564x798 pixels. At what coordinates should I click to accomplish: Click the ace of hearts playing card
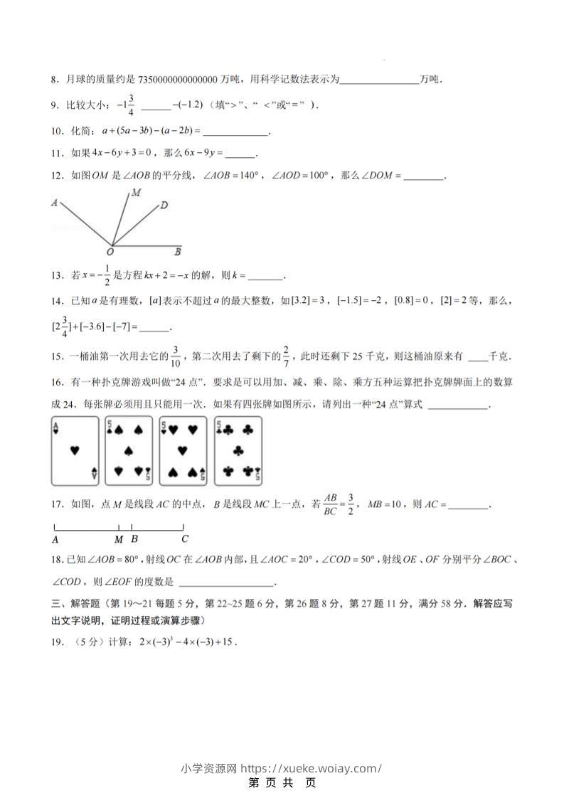point(75,450)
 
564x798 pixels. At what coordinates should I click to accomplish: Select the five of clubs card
point(238,450)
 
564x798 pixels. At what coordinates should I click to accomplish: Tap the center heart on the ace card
point(75,450)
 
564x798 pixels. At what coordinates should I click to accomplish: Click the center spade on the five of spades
point(129,450)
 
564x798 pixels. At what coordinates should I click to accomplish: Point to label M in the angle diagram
point(135,193)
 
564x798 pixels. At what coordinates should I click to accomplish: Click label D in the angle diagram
point(164,206)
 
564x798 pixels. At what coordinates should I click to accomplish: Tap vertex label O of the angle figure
point(110,251)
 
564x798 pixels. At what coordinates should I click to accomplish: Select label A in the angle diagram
point(54,203)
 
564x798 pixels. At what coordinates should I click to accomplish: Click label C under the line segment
point(184,539)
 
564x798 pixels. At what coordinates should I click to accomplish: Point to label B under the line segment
point(134,539)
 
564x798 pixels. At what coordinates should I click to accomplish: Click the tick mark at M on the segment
point(119,528)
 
